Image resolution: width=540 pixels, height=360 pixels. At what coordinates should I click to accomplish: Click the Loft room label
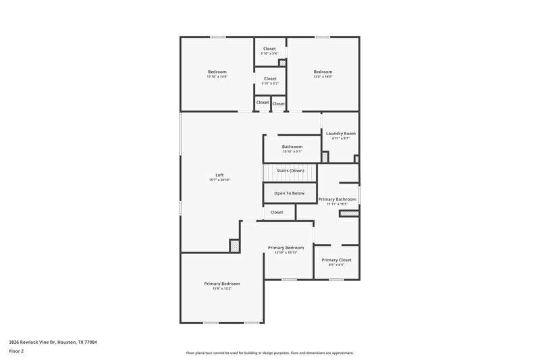(x=219, y=175)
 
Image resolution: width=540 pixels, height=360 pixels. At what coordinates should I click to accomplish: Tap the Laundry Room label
(x=340, y=133)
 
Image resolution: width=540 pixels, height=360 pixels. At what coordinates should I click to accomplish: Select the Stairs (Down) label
(x=290, y=170)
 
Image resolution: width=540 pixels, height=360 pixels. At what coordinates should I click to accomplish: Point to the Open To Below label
(x=289, y=193)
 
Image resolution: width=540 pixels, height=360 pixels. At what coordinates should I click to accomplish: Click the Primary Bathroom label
(x=337, y=199)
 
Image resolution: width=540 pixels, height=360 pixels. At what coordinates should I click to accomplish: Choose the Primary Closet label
(x=336, y=260)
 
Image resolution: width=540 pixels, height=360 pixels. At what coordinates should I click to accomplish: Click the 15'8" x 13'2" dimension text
(x=222, y=288)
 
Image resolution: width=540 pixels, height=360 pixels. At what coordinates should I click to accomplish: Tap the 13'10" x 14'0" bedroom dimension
(x=217, y=76)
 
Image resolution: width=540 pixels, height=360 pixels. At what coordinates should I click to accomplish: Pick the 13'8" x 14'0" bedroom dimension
(x=323, y=76)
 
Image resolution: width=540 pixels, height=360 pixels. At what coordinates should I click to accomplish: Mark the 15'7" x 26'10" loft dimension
(x=219, y=180)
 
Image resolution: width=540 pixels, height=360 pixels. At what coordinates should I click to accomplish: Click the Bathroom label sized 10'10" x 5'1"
(x=292, y=147)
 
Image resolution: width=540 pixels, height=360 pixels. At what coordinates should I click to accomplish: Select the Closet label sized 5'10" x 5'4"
(x=269, y=49)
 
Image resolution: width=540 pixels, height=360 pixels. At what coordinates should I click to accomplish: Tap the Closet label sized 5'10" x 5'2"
(x=269, y=79)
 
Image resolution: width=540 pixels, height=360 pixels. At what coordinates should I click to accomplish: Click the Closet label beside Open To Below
(x=277, y=212)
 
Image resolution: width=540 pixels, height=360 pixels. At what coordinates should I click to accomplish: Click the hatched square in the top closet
(x=283, y=63)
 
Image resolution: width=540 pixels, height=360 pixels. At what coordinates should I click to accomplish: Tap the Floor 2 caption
(x=16, y=351)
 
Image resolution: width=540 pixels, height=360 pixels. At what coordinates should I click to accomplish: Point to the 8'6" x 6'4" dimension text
(x=336, y=265)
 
